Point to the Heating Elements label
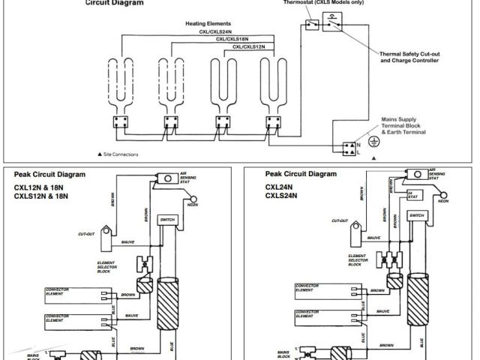pyautogui.click(x=208, y=24)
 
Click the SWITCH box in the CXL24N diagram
pyautogui.click(x=416, y=215)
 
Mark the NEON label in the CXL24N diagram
pyautogui.click(x=443, y=201)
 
